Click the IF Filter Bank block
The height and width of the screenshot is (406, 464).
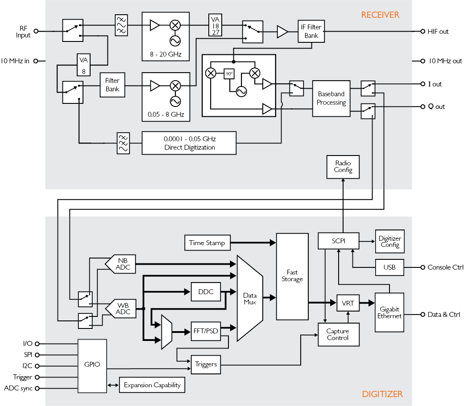311,31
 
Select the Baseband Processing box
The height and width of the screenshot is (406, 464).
331,98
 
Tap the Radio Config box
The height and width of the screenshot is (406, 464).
343,167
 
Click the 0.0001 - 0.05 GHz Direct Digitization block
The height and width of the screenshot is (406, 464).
189,143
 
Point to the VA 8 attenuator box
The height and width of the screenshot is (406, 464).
83,65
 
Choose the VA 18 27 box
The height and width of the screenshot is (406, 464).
215,26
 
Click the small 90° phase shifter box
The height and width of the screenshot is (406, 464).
229,74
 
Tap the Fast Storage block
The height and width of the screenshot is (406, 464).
292,276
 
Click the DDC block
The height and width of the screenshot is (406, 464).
205,292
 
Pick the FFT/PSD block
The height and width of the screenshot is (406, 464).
205,331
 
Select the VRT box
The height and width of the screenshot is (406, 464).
348,303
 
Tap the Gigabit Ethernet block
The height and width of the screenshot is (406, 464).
389,312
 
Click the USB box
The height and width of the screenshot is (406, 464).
389,267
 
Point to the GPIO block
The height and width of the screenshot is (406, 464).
92,365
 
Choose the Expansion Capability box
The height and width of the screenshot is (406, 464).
152,385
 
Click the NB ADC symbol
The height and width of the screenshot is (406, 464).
121,264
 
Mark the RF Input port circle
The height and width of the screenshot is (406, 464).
36,31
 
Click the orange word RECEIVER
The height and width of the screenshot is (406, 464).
380,15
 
